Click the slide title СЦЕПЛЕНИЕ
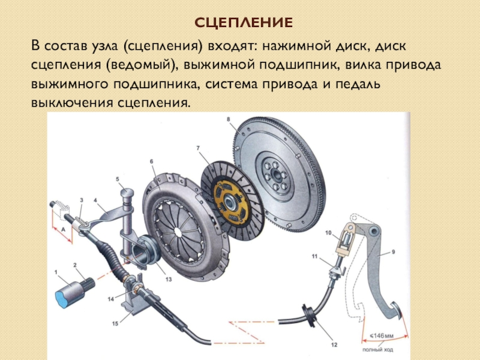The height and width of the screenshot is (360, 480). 244,23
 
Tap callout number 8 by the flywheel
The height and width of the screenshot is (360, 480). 229,119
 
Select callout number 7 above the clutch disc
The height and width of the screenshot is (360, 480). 198,148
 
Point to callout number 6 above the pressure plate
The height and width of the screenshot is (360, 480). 151,161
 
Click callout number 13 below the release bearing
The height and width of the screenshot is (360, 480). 169,279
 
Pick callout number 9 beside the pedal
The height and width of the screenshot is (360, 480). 394,251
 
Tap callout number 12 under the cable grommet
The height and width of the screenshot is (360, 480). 334,344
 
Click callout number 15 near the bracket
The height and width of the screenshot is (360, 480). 115,323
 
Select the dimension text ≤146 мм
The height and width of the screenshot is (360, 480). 382,336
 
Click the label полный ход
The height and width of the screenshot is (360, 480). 377,350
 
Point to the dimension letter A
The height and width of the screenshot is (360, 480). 64,229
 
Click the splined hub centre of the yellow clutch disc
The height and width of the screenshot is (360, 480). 229,202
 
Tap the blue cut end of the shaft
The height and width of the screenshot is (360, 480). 63,298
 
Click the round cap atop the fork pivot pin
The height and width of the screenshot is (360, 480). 127,193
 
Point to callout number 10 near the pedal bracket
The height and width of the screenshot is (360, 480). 328,233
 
